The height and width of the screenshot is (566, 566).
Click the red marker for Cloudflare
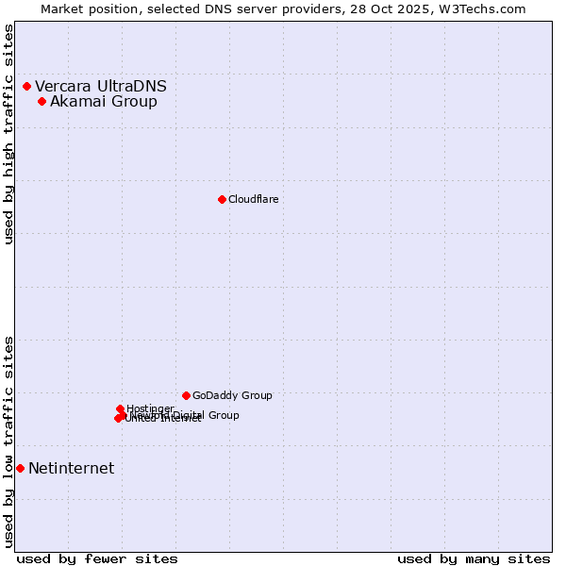tap(222, 199)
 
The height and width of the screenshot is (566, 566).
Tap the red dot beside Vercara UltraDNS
tap(26, 87)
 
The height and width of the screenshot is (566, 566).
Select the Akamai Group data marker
tap(42, 102)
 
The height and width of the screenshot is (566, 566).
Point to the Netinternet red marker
tap(20, 468)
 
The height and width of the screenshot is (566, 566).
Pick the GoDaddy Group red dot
tap(186, 395)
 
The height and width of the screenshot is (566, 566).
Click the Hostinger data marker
tap(120, 408)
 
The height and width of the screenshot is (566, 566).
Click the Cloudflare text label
tap(253, 199)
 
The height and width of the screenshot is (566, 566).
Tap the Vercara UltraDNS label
tap(101, 87)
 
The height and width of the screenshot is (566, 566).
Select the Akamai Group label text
tap(104, 102)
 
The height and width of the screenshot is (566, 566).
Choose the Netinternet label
tap(71, 469)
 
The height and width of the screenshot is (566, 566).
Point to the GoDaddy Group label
tap(232, 396)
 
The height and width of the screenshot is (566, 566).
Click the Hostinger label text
tap(150, 408)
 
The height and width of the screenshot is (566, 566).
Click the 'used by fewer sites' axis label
tap(97, 558)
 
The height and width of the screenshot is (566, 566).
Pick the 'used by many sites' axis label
tap(474, 558)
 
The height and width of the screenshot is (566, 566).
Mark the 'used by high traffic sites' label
tap(9, 134)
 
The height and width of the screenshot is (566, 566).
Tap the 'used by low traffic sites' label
tap(9, 441)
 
